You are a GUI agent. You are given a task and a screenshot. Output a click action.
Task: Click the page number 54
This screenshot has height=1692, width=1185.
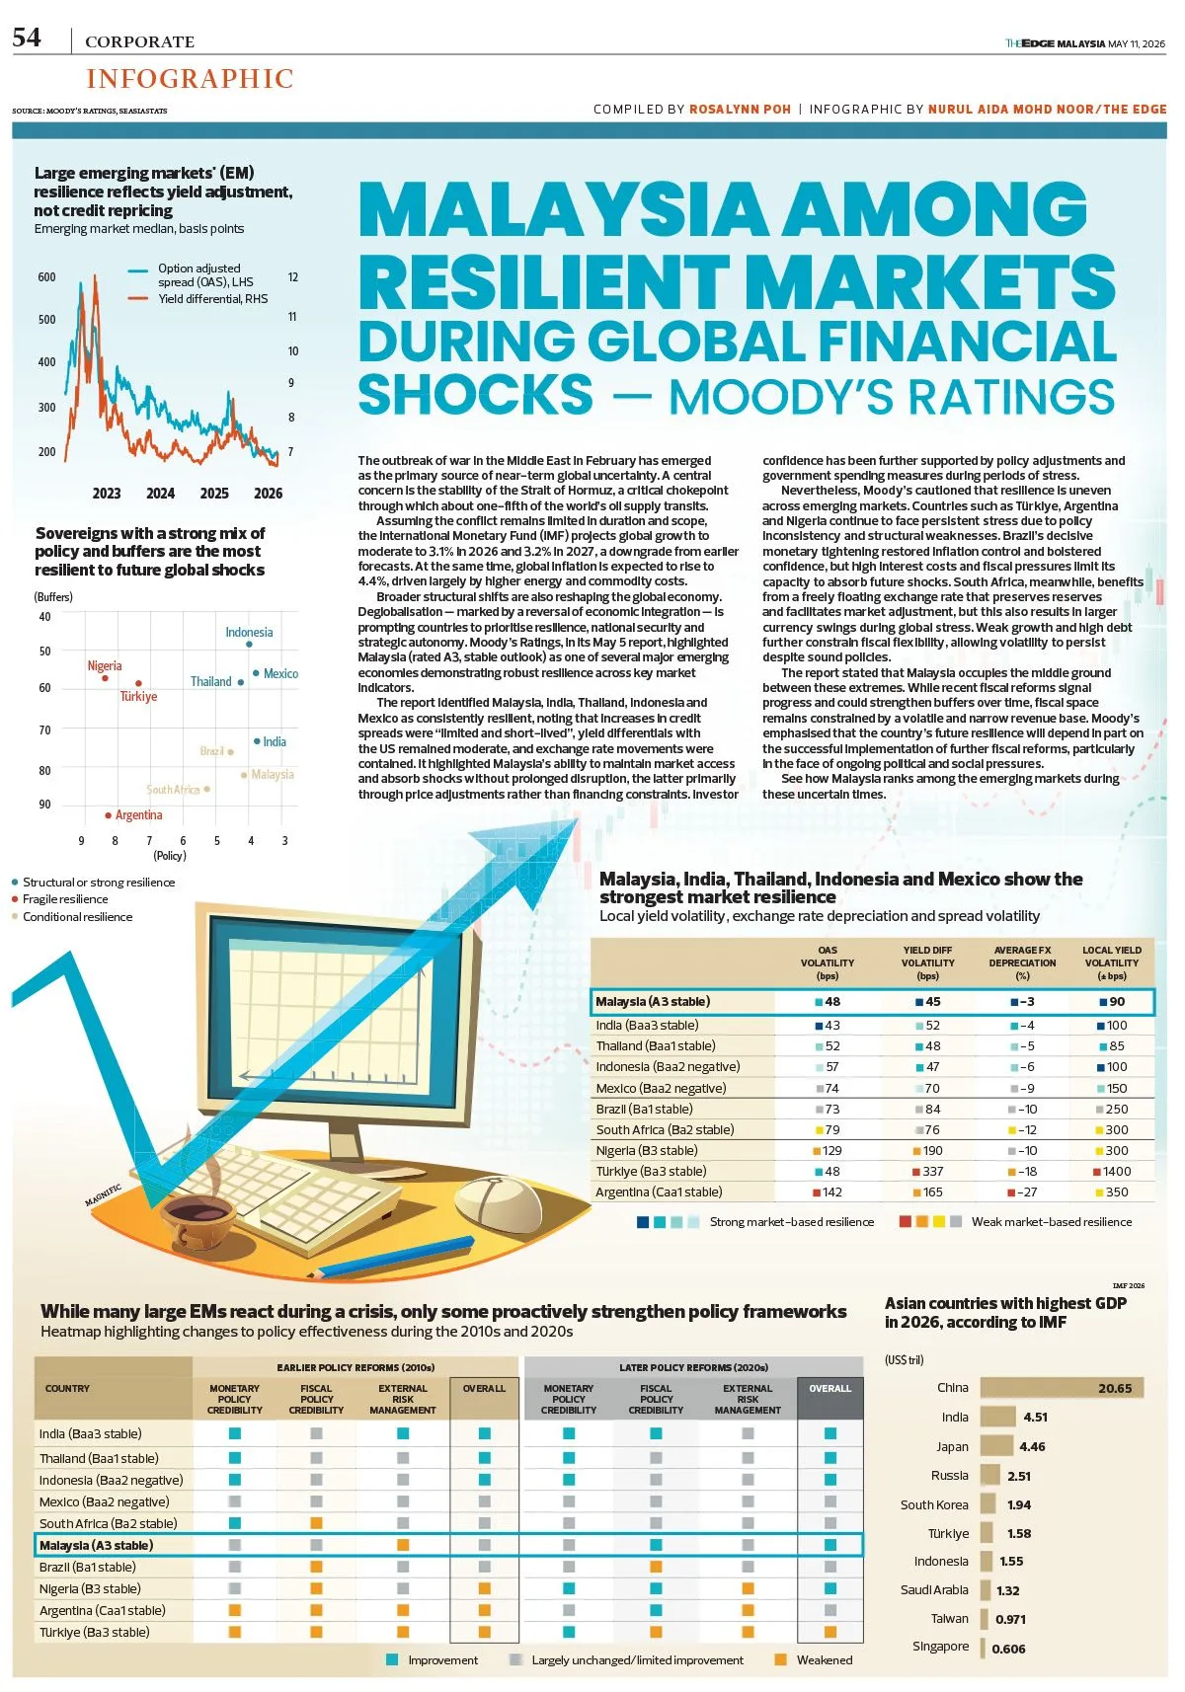27,37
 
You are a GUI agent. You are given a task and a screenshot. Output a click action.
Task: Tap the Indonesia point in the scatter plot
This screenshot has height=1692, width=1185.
250,645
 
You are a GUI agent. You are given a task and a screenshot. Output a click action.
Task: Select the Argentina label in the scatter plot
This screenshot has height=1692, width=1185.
139,815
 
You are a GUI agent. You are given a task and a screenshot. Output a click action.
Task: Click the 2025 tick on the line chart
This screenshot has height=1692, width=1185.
214,494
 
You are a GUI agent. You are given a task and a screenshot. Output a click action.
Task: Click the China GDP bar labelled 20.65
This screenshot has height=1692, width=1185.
1062,1388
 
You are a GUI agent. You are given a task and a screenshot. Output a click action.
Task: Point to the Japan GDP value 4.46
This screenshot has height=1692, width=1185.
1032,1446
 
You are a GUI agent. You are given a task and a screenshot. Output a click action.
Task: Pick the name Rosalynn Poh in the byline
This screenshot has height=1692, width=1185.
740,109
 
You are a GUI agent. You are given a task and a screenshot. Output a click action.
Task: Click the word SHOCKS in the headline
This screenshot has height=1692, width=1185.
475,394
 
